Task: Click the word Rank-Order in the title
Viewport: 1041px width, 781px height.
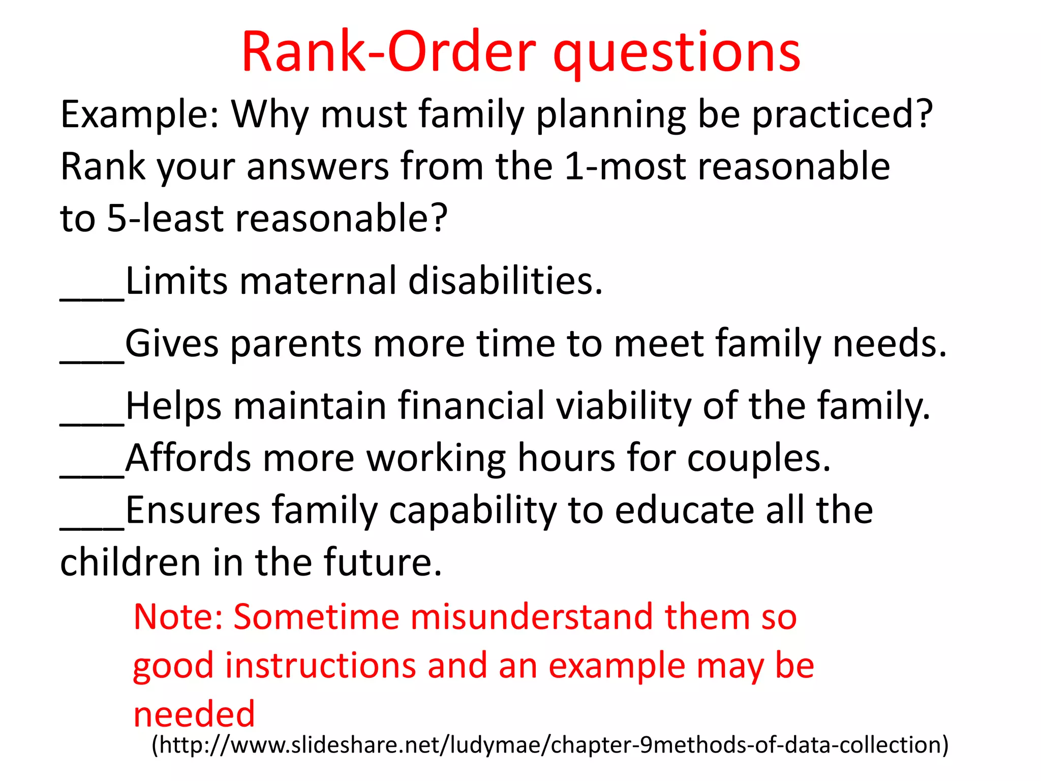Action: [x=388, y=52]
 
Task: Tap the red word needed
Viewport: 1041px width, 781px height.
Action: [x=194, y=714]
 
